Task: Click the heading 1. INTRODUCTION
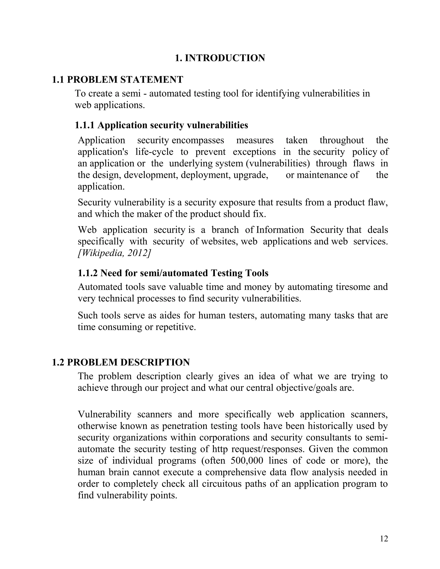click(x=220, y=58)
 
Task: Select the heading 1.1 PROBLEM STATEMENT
click(x=117, y=79)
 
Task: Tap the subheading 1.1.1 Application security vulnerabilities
click(x=161, y=125)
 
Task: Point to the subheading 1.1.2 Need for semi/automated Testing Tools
click(x=173, y=273)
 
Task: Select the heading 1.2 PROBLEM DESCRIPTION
click(x=121, y=362)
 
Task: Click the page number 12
click(x=384, y=539)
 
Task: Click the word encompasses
click(x=198, y=140)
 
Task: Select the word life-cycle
click(x=154, y=152)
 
